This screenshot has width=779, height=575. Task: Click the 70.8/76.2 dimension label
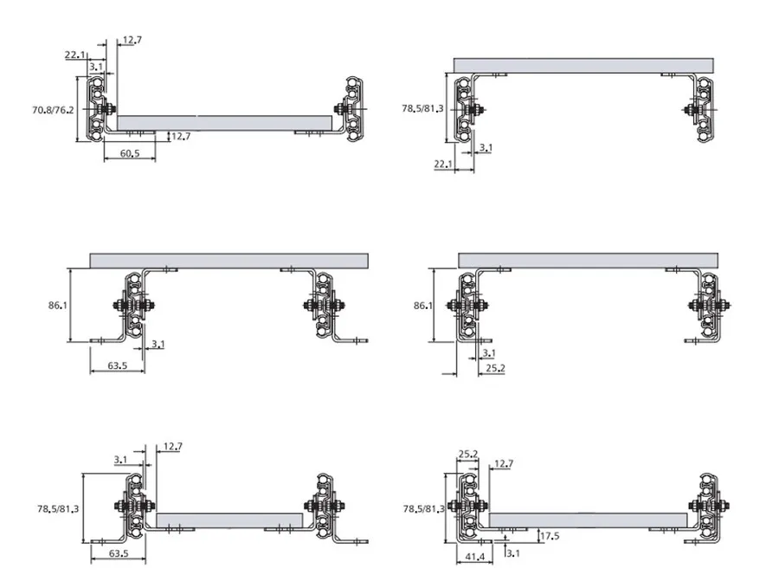[x=53, y=110]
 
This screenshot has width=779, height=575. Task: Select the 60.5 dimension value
[x=130, y=153]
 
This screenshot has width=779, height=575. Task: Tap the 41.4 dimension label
[x=474, y=557]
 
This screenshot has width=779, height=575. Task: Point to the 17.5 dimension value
[x=550, y=536]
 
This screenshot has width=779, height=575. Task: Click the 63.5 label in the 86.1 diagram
[x=117, y=365]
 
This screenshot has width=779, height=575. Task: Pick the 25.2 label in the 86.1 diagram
[x=495, y=368]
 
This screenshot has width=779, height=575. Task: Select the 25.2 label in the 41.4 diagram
[x=468, y=454]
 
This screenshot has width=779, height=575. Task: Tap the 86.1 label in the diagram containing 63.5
[x=58, y=306]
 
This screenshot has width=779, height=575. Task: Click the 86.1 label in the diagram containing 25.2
[x=422, y=306]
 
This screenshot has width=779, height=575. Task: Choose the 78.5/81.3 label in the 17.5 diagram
[x=424, y=509]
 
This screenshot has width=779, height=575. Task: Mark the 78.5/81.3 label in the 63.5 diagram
[x=58, y=509]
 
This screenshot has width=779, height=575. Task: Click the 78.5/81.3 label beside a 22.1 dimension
[x=422, y=108]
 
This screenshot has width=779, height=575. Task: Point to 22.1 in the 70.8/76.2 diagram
[x=74, y=55]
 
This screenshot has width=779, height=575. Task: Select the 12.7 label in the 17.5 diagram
[x=504, y=463]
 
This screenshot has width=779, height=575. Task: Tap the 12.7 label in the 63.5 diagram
[x=172, y=446]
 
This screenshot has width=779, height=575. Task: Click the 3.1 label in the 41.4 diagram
[x=513, y=553]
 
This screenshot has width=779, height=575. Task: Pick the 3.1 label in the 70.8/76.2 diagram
[x=96, y=66]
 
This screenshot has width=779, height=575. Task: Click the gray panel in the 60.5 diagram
[x=224, y=123]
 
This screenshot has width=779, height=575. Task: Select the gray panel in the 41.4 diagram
[x=589, y=520]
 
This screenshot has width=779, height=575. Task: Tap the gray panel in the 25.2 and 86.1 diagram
[x=589, y=261]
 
